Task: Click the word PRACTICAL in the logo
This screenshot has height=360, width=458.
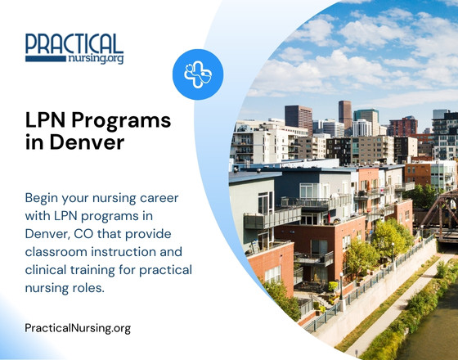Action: pos(74,43)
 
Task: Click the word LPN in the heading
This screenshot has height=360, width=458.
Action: pos(47,121)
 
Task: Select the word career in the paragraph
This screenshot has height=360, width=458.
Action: pos(159,198)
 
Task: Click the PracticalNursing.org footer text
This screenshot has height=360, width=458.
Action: pos(78,328)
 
